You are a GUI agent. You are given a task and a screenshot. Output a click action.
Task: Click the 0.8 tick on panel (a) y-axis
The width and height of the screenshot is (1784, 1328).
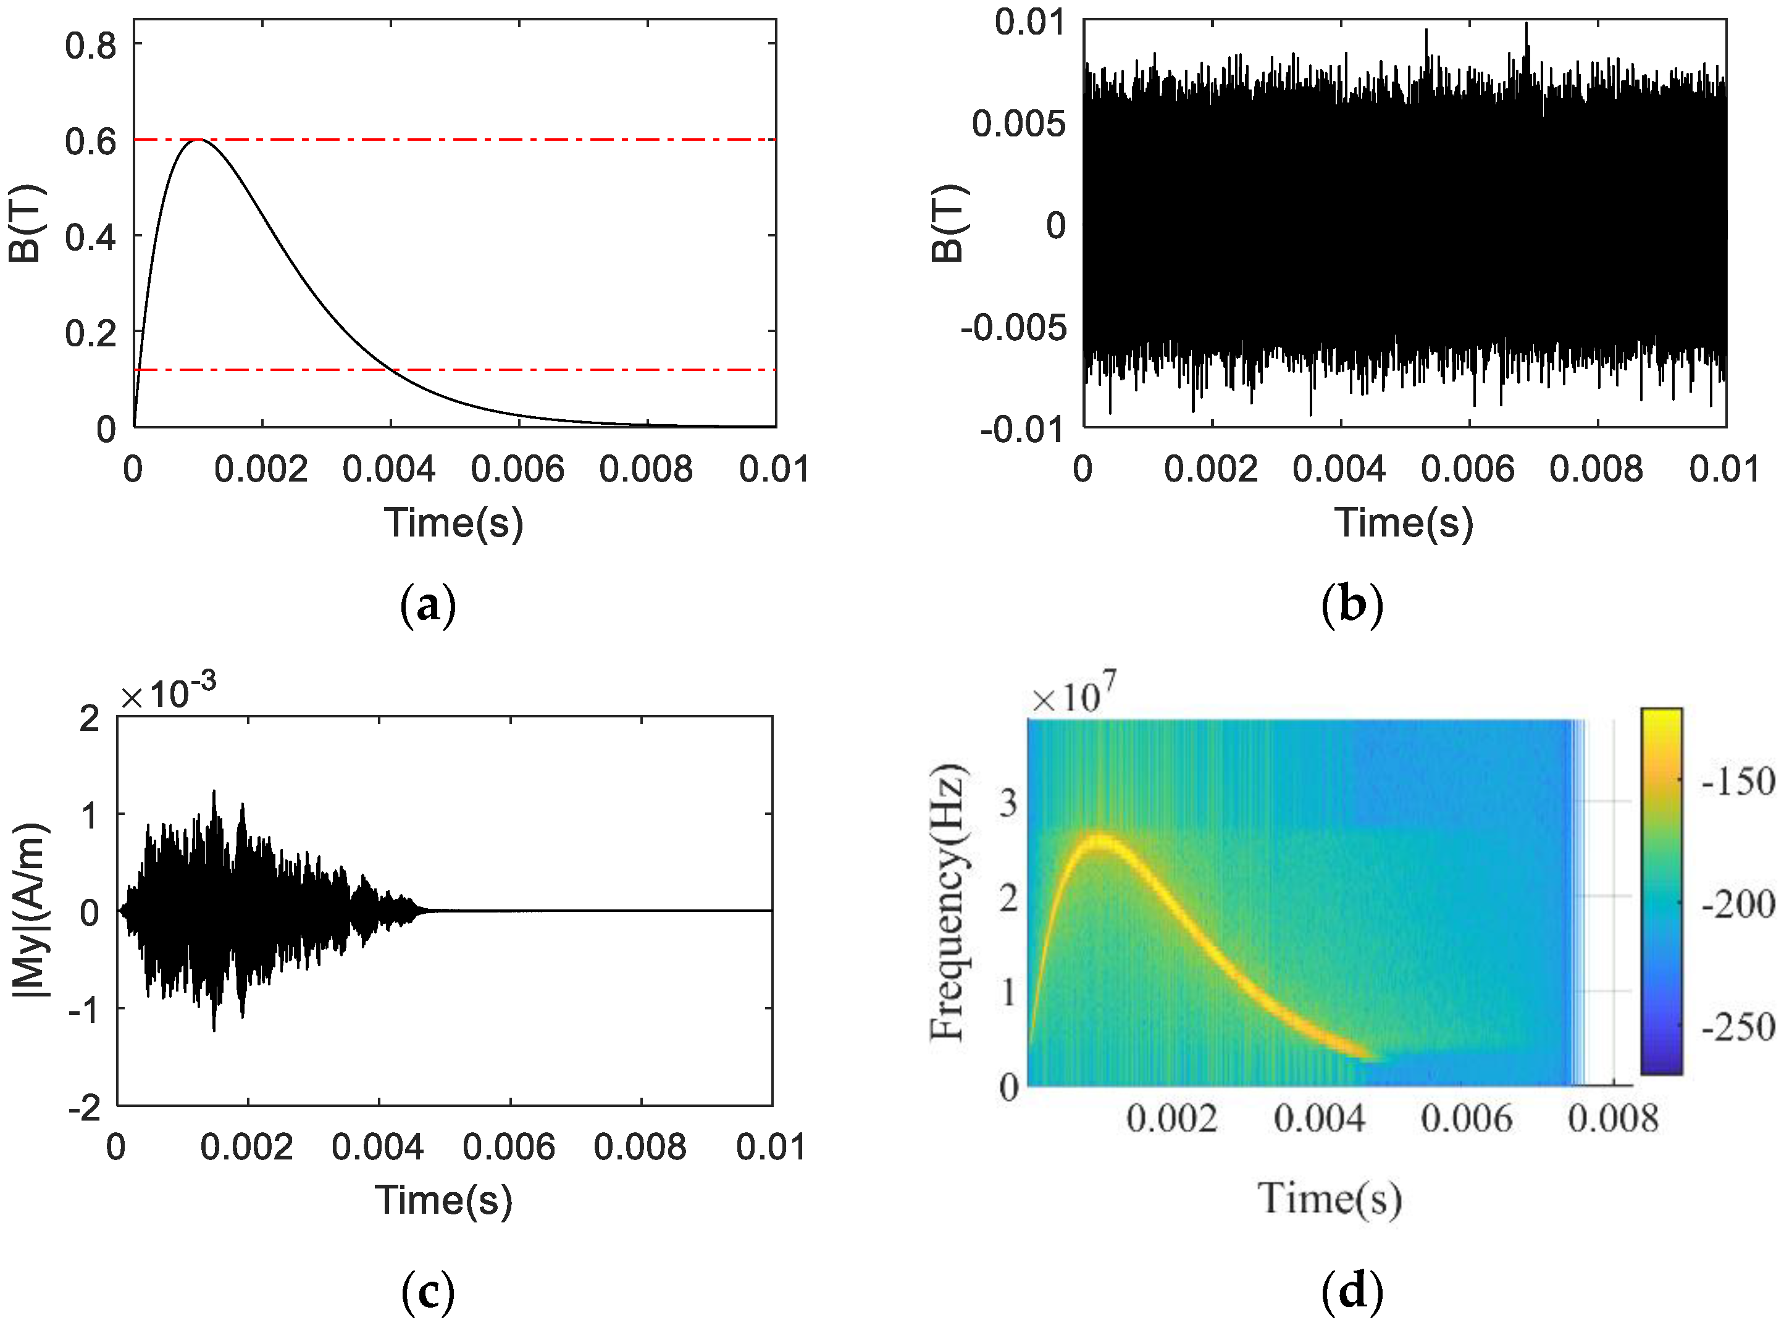90,46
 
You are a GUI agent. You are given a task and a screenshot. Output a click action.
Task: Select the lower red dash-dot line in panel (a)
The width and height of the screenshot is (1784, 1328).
563,370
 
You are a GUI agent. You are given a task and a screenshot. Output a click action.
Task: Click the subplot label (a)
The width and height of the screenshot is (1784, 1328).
428,604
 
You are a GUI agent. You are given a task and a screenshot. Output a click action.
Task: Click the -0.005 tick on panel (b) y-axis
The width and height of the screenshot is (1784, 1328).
1013,327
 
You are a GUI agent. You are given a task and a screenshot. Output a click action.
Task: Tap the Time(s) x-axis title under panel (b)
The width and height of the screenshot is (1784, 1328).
1404,522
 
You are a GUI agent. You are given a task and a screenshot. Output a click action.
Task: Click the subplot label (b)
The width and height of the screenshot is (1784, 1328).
1352,604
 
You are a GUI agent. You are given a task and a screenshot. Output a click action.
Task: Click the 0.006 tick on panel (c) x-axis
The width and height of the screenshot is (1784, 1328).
509,1147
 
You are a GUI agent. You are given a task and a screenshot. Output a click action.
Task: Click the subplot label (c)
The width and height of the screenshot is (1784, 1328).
428,1292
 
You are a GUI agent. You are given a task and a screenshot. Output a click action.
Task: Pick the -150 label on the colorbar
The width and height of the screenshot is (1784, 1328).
1738,782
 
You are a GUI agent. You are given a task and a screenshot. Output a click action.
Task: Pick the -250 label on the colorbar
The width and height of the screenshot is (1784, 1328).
1738,1027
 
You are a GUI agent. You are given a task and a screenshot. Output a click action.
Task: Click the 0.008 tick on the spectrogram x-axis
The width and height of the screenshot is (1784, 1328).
1613,1118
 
